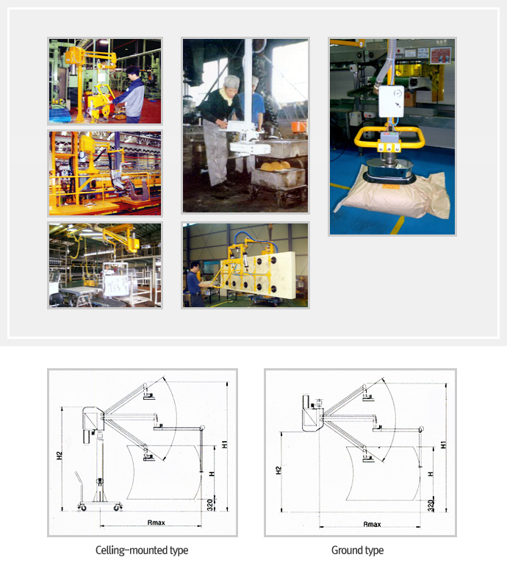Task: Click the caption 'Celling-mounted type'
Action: (142, 550)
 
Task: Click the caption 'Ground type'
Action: (357, 550)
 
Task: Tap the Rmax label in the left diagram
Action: (157, 523)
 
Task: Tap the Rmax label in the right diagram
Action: (372, 524)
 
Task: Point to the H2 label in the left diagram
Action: (60, 455)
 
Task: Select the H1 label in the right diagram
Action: (444, 445)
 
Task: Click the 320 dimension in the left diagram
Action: (210, 504)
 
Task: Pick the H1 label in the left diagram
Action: (224, 444)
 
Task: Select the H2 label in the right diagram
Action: (278, 470)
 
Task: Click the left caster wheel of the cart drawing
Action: (82, 507)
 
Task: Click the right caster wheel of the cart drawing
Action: (118, 507)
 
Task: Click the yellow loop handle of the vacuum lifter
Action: (389, 137)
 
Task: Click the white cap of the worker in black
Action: (231, 82)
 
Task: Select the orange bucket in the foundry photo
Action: (299, 127)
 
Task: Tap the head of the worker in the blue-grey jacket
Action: (132, 72)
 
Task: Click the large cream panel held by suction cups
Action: (262, 275)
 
